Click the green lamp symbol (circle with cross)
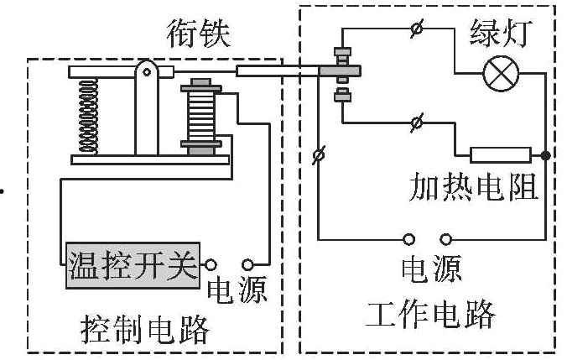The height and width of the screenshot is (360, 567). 502,75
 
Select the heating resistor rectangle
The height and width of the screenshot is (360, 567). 501,154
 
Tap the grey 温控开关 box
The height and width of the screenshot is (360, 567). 133,267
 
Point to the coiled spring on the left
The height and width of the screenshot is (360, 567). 87,117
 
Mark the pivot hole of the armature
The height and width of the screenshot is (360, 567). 147,72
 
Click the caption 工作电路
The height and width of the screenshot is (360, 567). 429,315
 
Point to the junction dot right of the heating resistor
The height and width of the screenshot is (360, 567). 546,155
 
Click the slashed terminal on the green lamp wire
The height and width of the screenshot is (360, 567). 417,31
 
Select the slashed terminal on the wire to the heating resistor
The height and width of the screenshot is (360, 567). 417,123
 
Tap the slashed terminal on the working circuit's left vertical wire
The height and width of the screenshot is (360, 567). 319,155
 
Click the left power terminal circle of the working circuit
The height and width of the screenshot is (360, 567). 410,238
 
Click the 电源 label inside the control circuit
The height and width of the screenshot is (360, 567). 237,290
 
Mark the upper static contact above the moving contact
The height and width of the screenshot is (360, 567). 341,56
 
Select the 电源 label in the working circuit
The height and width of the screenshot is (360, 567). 429,270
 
